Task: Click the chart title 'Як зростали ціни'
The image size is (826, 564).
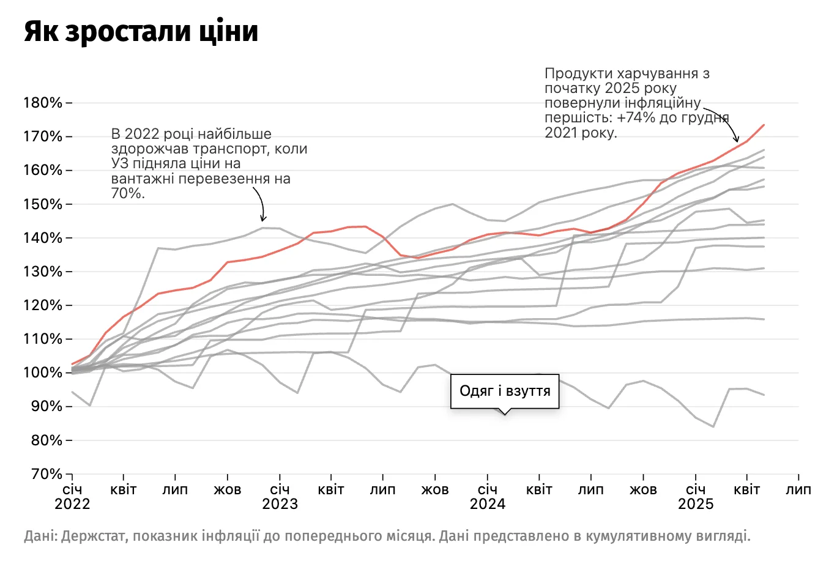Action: pyautogui.click(x=141, y=32)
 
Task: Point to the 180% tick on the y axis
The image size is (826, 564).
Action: pyautogui.click(x=43, y=103)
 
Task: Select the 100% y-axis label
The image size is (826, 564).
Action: pyautogui.click(x=43, y=373)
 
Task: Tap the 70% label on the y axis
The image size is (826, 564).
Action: pyautogui.click(x=46, y=475)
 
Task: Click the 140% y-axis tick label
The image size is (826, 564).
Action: pyautogui.click(x=43, y=238)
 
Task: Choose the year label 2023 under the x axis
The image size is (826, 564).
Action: pyautogui.click(x=280, y=504)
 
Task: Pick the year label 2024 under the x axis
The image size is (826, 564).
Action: pyautogui.click(x=488, y=504)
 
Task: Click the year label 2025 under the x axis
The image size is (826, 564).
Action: pyautogui.click(x=696, y=504)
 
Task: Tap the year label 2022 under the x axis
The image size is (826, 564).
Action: pyautogui.click(x=72, y=504)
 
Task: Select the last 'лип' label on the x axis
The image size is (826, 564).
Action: pyautogui.click(x=798, y=490)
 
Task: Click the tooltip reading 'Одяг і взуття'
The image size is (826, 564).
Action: pyautogui.click(x=505, y=391)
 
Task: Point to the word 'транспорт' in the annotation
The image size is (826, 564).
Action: pyautogui.click(x=233, y=149)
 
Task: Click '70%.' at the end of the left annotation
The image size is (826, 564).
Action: pyautogui.click(x=128, y=194)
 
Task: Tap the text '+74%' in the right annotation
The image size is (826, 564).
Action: pyautogui.click(x=636, y=118)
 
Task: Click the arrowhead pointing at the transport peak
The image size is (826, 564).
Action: pyautogui.click(x=263, y=219)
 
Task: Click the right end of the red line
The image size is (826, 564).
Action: pyautogui.click(x=764, y=125)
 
